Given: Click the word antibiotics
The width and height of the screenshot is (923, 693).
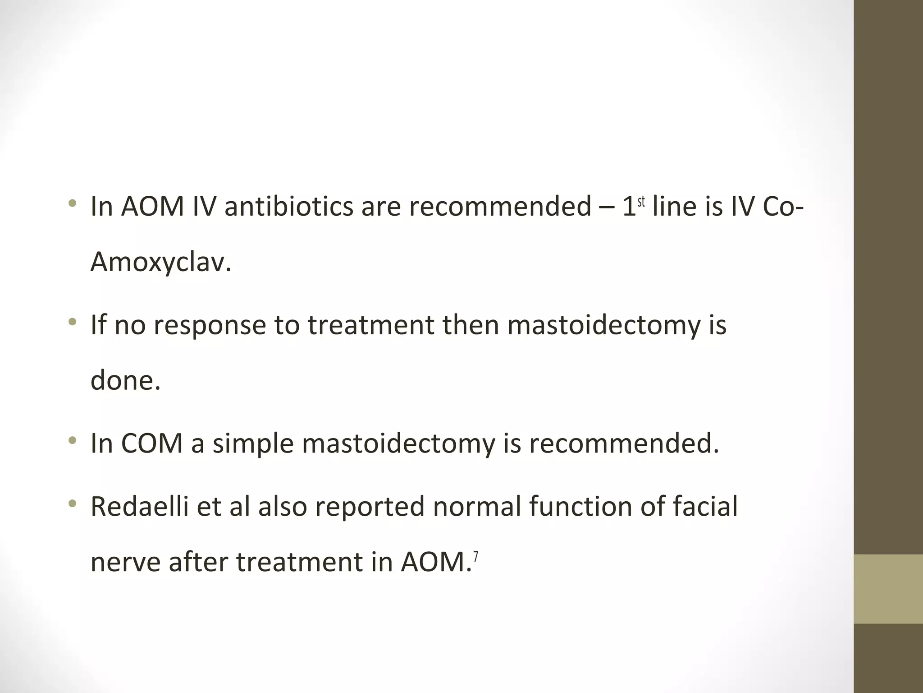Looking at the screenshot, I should click(x=288, y=207).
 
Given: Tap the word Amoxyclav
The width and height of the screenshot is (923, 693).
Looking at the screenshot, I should click(x=160, y=262).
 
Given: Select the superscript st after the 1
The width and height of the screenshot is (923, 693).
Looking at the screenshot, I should click(x=641, y=202).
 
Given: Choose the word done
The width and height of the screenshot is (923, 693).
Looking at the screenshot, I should click(x=125, y=380).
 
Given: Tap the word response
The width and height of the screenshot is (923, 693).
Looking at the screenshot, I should click(x=210, y=325).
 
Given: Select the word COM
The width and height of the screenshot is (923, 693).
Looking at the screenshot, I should click(x=152, y=444).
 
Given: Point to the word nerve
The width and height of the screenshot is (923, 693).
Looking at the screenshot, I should click(x=125, y=562).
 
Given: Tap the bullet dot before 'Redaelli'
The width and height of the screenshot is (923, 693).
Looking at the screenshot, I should click(x=72, y=504).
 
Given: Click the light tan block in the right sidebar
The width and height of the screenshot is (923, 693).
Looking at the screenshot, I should click(x=888, y=589).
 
